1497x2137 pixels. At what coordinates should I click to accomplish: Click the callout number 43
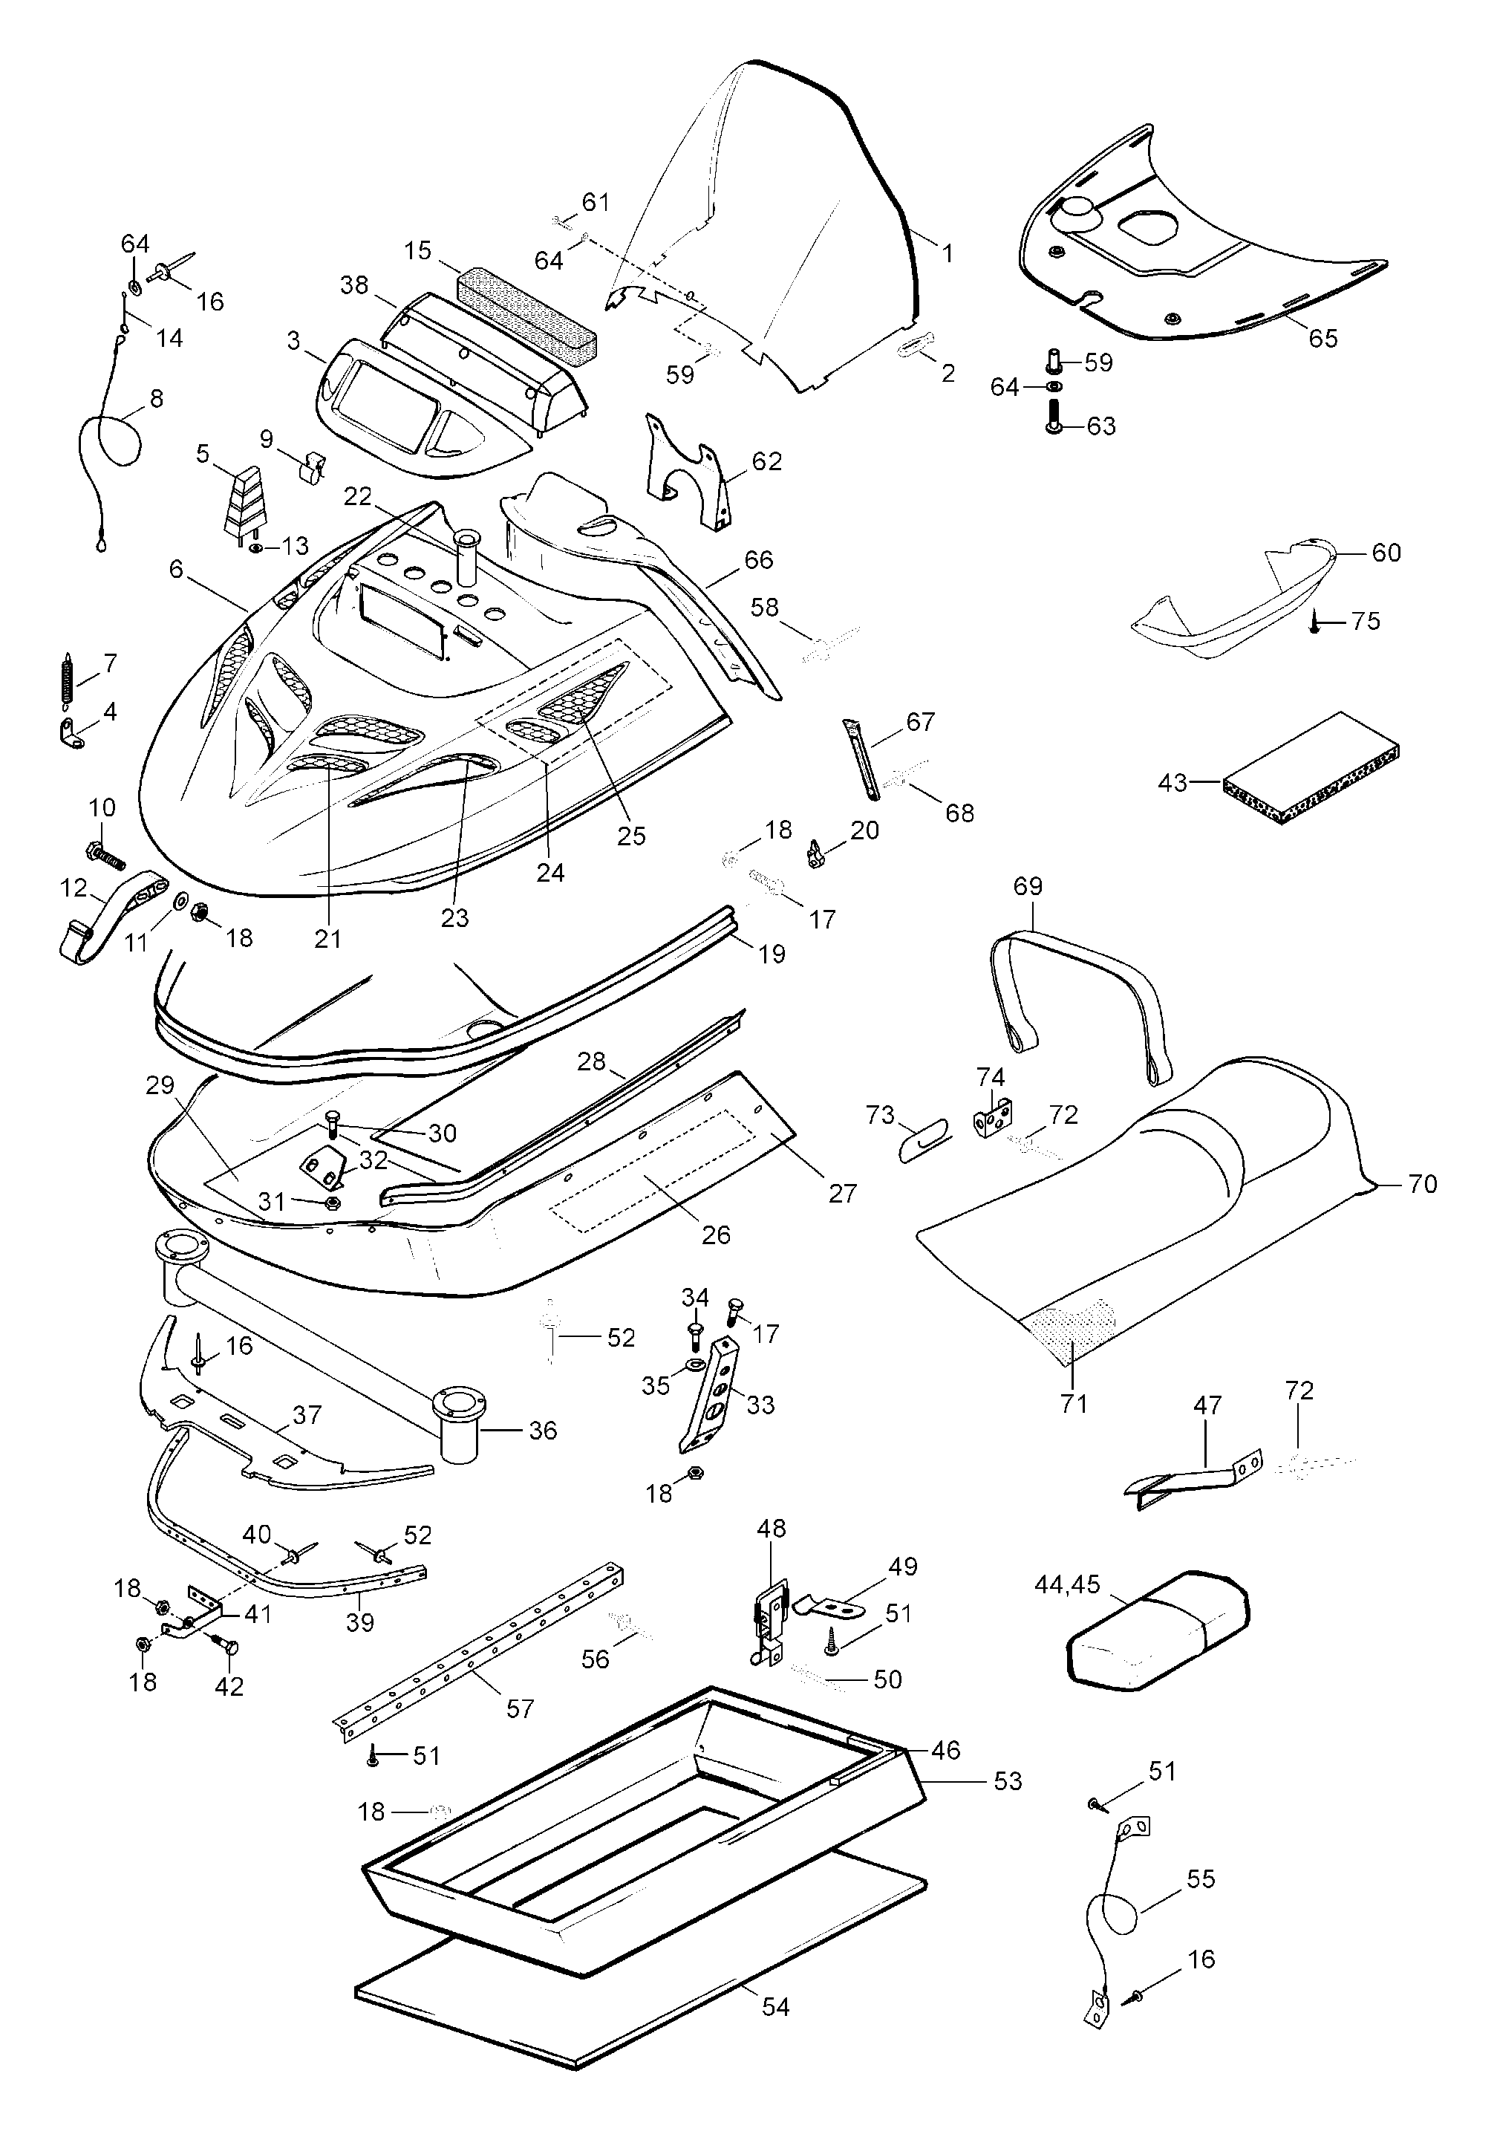pyautogui.click(x=1173, y=783)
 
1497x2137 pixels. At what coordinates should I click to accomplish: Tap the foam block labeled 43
pyautogui.click(x=1312, y=770)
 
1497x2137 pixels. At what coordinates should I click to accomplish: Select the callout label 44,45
pyautogui.click(x=1067, y=1585)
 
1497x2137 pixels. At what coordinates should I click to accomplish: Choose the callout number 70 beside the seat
pyautogui.click(x=1423, y=1184)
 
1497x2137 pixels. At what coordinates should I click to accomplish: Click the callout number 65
pyautogui.click(x=1322, y=338)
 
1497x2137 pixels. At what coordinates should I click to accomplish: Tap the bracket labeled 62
pyautogui.click(x=688, y=475)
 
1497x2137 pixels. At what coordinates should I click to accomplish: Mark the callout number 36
pyautogui.click(x=542, y=1431)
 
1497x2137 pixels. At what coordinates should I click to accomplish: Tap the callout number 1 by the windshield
pyautogui.click(x=948, y=253)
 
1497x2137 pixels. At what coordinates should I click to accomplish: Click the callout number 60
pyautogui.click(x=1386, y=553)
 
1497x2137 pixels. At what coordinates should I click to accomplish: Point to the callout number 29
pyautogui.click(x=160, y=1085)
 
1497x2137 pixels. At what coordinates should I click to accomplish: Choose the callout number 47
pyautogui.click(x=1207, y=1405)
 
